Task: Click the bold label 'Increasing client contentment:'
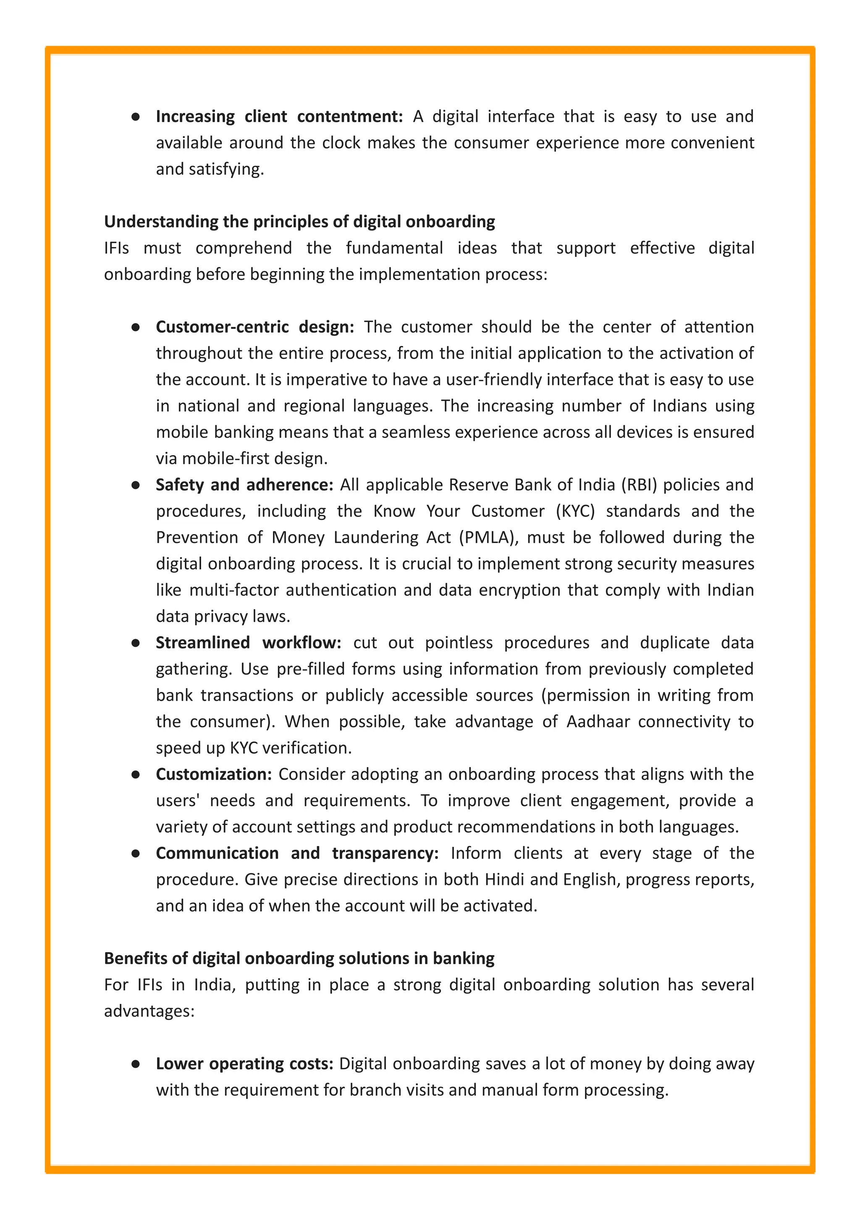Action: [x=279, y=116]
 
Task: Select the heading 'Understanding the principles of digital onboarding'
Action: [x=299, y=221]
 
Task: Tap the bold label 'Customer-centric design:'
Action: [x=255, y=327]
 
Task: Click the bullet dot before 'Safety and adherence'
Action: [x=136, y=485]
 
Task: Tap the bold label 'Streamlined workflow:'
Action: [x=248, y=643]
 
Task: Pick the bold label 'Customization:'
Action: [x=213, y=774]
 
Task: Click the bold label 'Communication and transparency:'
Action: [x=297, y=854]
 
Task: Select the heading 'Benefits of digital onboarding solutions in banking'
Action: [x=299, y=958]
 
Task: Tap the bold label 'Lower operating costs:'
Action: [x=244, y=1064]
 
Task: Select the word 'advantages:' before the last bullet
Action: [x=149, y=1011]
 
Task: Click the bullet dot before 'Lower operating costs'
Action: [x=136, y=1064]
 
